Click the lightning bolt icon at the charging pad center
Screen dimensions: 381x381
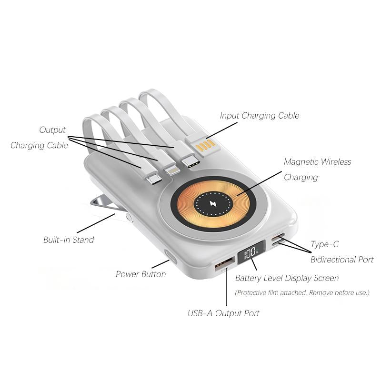coord(213,204)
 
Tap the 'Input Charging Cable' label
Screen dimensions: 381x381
coord(260,115)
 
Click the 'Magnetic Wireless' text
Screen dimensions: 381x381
coord(317,162)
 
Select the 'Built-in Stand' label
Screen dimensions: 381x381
coord(69,240)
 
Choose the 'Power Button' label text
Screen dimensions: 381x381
coord(141,274)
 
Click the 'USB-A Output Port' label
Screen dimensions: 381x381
coord(223,313)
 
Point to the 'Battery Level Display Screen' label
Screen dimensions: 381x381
coord(287,278)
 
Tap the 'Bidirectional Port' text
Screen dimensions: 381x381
coord(342,260)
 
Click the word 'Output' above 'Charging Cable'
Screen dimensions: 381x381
coord(52,130)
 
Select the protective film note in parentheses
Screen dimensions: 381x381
coord(302,292)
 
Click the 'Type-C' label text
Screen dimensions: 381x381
coord(325,244)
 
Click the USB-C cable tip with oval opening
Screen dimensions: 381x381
coord(190,162)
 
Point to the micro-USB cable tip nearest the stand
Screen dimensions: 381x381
coord(153,179)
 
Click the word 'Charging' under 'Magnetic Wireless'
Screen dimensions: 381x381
coord(301,177)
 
